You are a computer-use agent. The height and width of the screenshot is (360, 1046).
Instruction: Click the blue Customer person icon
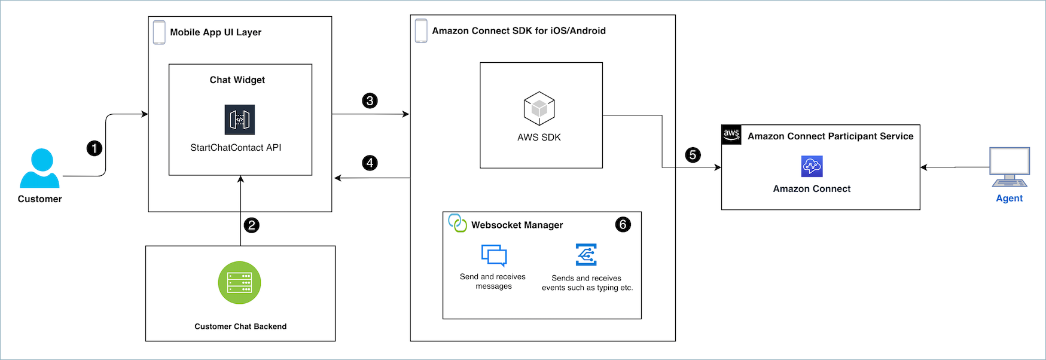[40, 169]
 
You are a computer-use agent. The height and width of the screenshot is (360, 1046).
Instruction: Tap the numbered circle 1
[94, 148]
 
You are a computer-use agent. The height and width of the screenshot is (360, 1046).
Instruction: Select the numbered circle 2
[252, 225]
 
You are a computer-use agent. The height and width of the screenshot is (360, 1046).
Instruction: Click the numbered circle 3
[370, 100]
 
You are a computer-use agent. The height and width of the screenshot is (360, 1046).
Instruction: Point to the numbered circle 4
[370, 163]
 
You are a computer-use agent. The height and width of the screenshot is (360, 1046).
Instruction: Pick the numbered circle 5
[693, 155]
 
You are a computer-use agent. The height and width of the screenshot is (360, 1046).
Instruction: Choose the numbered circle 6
[623, 224]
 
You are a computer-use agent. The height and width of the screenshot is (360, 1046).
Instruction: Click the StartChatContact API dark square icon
[240, 120]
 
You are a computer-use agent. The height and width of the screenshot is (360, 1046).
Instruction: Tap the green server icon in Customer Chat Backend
[239, 283]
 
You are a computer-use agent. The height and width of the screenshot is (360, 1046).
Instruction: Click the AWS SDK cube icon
[539, 108]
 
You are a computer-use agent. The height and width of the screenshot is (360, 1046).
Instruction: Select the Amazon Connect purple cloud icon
[812, 166]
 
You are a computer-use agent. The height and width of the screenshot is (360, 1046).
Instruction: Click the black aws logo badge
[731, 135]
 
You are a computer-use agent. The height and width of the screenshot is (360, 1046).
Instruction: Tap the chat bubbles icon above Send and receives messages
[494, 255]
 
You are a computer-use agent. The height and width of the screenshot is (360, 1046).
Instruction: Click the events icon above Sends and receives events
[586, 254]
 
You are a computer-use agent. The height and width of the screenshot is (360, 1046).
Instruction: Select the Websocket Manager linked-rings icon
[458, 223]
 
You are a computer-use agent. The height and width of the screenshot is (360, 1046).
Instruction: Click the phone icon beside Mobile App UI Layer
[159, 32]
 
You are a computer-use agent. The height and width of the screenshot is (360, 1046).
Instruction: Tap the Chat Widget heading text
[237, 80]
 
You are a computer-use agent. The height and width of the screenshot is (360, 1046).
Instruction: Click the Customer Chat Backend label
[240, 327]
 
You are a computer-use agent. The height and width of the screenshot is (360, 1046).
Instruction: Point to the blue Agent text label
[1009, 199]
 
